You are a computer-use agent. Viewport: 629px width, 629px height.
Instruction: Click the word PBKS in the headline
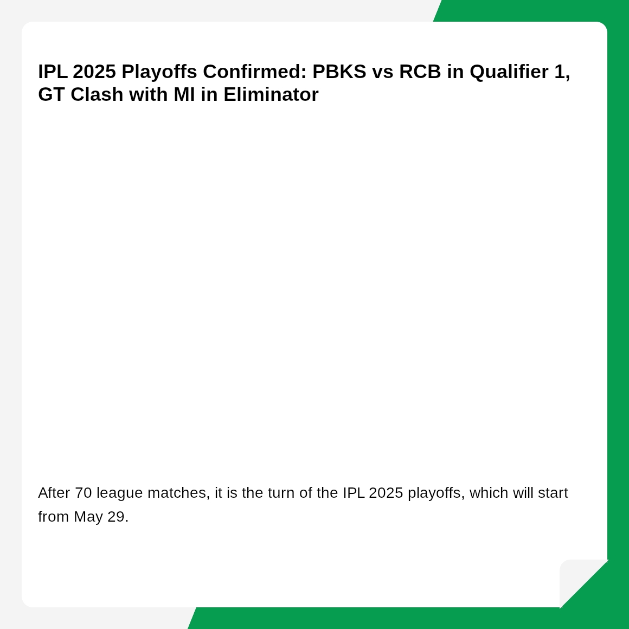tap(339, 72)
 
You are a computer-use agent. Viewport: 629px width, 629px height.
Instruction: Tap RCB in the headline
tap(420, 72)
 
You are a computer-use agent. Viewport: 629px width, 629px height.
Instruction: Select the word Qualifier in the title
tap(509, 72)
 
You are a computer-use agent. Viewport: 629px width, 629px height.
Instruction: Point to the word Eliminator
tap(271, 95)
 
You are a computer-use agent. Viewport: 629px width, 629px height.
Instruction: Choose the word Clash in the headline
tap(97, 95)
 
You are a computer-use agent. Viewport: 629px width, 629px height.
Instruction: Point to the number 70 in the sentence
tap(84, 492)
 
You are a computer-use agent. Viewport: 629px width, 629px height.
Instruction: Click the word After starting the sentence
tap(54, 492)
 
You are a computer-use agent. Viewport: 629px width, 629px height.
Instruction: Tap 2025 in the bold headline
tap(94, 72)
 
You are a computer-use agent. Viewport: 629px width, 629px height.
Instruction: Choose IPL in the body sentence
tap(354, 492)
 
